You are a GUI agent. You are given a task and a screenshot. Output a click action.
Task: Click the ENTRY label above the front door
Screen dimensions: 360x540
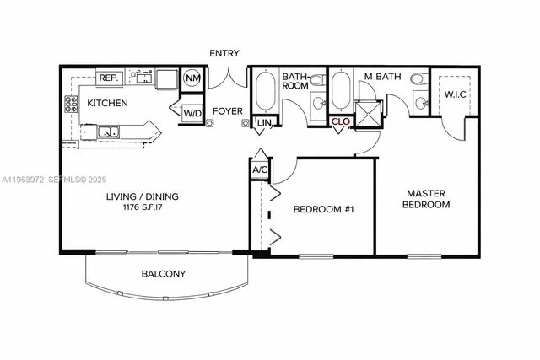[224, 53]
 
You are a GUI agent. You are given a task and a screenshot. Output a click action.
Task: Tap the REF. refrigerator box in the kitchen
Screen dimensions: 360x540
[109, 78]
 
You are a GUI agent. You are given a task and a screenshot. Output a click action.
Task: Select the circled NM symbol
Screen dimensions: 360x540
[192, 78]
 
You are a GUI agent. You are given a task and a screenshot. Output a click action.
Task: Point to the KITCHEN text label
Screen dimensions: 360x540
[108, 104]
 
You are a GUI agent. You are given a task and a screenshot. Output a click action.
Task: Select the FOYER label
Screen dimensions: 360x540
[228, 110]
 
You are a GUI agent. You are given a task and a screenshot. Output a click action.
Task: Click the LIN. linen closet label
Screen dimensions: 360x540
[264, 124]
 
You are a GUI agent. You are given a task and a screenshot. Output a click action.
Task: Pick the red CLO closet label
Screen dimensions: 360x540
[341, 122]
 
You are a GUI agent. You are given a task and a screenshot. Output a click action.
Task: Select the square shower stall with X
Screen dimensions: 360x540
[368, 114]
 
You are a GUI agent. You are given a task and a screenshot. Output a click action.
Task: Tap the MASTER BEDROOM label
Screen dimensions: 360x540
[425, 198]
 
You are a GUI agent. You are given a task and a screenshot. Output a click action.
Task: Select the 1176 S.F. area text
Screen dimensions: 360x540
[142, 207]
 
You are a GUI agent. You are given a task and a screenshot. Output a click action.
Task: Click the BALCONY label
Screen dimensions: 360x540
[164, 274]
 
